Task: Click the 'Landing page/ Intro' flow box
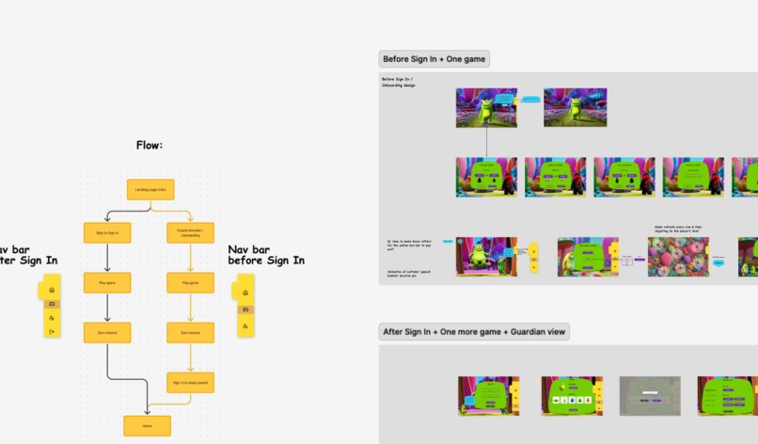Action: [x=150, y=189]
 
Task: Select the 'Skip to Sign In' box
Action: [x=107, y=230]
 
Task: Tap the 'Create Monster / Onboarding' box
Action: [x=191, y=230]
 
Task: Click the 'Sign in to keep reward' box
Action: [x=191, y=382]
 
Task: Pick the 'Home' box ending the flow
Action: [x=148, y=425]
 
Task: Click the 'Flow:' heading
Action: [x=150, y=145]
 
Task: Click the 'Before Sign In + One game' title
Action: [x=434, y=59]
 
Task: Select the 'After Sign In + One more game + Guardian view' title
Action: [x=475, y=331]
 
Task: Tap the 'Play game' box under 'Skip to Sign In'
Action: [x=107, y=282]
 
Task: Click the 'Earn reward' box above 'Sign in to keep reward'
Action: [x=191, y=332]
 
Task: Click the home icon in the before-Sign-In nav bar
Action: [x=245, y=292]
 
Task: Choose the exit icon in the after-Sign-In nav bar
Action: [x=52, y=331]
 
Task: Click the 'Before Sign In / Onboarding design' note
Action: [x=400, y=82]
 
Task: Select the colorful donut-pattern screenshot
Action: [x=678, y=256]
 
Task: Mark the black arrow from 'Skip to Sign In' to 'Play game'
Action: [x=107, y=256]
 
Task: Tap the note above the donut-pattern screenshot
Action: [x=679, y=229]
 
